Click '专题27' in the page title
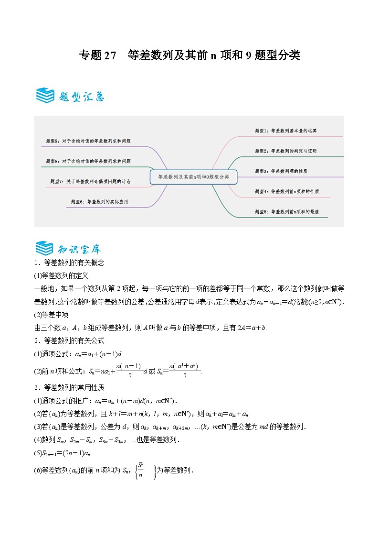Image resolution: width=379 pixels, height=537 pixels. coord(97,55)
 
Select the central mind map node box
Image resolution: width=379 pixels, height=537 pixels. coord(193,176)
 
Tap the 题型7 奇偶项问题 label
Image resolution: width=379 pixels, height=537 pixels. coord(90,182)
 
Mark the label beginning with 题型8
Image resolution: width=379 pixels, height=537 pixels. coord(88,161)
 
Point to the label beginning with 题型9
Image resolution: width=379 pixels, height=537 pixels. coord(88,141)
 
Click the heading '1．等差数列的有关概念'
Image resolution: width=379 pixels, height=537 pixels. coord(69,263)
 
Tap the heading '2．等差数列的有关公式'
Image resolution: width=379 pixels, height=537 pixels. coord(69,340)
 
